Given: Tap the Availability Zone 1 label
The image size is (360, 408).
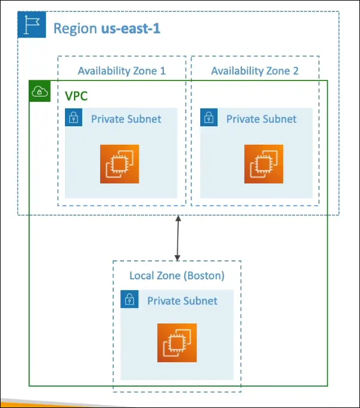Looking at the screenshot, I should [x=122, y=71].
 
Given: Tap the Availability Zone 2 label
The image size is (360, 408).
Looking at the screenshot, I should [x=255, y=71].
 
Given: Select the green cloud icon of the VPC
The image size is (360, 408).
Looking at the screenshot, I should [x=40, y=91].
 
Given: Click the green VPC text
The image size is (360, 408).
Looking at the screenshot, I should [x=76, y=96].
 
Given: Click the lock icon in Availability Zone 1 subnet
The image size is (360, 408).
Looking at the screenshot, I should [x=74, y=117].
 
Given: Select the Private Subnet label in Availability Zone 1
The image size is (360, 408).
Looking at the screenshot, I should [x=126, y=119].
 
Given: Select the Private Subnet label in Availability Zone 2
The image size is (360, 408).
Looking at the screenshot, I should [x=261, y=119].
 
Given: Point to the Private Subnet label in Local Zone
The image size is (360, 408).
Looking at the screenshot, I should [x=182, y=301].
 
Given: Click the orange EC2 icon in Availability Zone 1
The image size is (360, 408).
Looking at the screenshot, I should [x=119, y=164].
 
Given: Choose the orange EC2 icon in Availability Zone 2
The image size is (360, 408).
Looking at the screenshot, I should [x=263, y=164].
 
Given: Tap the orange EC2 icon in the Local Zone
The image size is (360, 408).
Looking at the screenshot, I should [x=177, y=343].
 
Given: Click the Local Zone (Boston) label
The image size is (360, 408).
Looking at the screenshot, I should [x=177, y=276].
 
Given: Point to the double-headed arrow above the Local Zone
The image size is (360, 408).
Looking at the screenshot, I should [x=177, y=238].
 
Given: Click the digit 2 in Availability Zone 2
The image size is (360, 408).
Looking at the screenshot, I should [x=296, y=71].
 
